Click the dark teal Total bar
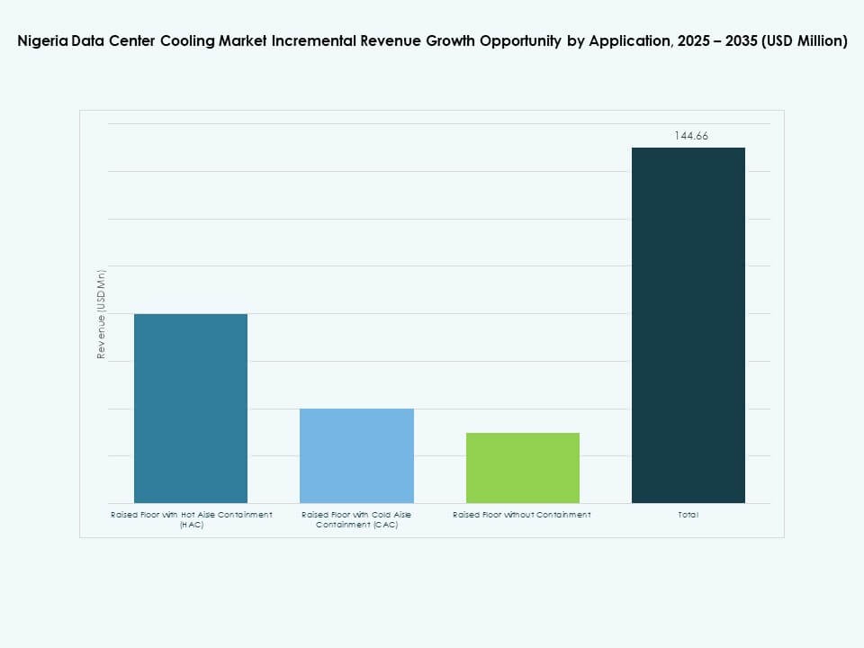(x=688, y=325)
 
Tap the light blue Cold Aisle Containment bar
(x=356, y=455)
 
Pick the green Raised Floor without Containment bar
(x=522, y=467)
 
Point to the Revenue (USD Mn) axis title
(x=102, y=314)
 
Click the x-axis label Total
(x=689, y=515)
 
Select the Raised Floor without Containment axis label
(x=522, y=515)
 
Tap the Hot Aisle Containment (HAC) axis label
(x=191, y=519)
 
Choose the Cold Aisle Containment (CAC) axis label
(x=356, y=519)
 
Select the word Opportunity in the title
(x=519, y=41)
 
